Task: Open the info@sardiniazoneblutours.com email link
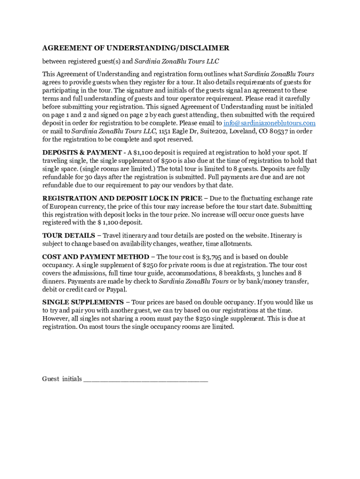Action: tap(269, 123)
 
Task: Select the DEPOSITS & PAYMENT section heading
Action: tap(81, 152)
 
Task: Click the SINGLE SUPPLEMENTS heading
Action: tap(83, 302)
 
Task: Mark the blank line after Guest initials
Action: tap(145, 379)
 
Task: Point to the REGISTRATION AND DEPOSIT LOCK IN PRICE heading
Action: tap(122, 198)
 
